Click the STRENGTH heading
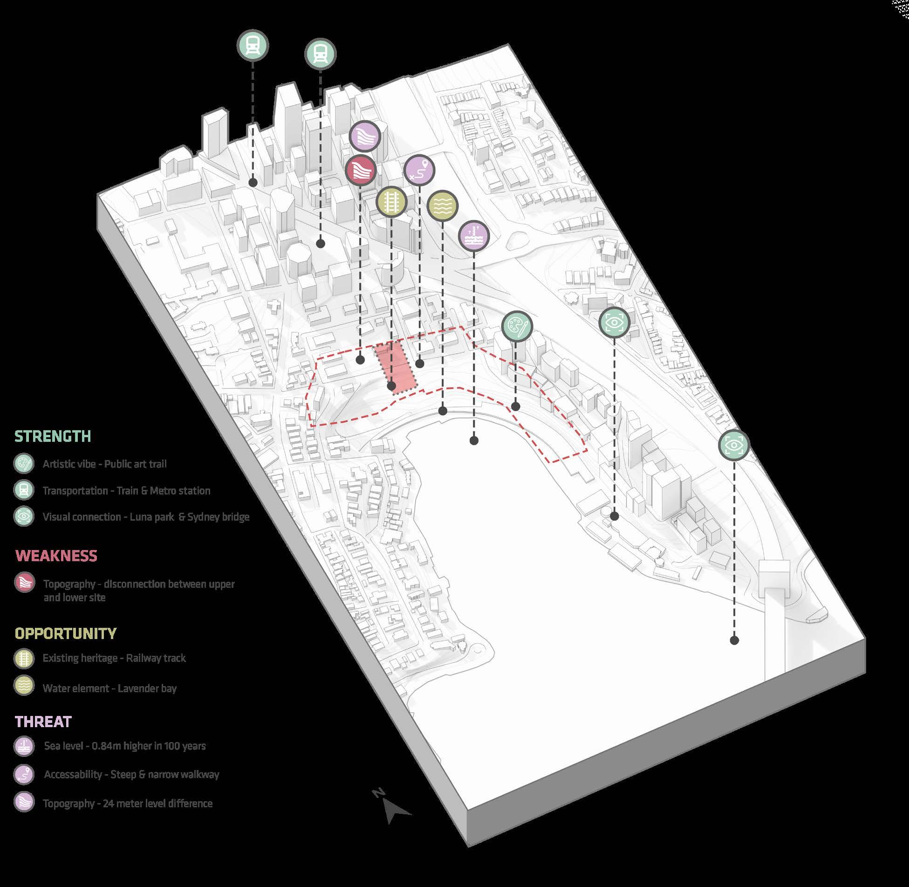53,436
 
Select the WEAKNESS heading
56,556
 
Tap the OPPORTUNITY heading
66,633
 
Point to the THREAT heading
43,722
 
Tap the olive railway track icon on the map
391,202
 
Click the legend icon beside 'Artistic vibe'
24,464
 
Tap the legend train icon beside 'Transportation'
24,490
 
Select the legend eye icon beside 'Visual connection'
24,516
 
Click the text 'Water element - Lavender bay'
109,688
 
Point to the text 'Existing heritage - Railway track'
114,658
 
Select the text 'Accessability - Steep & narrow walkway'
131,774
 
